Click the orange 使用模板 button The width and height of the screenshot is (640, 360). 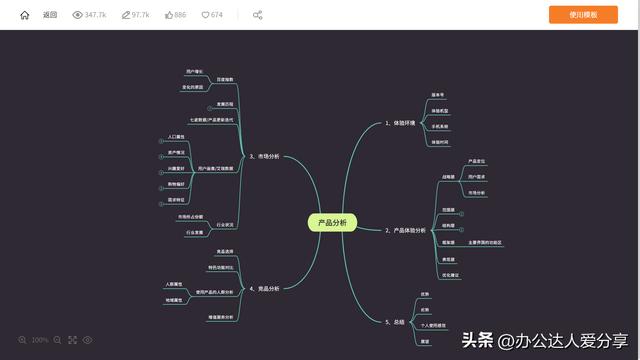pyautogui.click(x=583, y=15)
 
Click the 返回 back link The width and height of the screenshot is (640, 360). pyautogui.click(x=50, y=15)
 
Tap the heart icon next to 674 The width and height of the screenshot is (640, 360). pyautogui.click(x=206, y=15)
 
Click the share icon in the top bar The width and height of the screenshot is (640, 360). pyautogui.click(x=258, y=15)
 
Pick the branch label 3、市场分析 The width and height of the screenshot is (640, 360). pyautogui.click(x=264, y=157)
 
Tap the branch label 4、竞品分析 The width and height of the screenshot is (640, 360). pyautogui.click(x=264, y=288)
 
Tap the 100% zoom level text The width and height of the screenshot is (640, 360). pyautogui.click(x=40, y=340)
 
